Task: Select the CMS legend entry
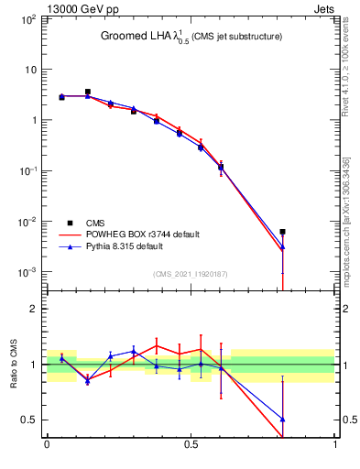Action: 97,222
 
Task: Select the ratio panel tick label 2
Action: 32,310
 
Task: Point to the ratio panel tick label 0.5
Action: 28,420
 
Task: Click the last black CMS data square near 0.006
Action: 282,232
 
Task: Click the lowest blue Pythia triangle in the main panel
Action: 282,246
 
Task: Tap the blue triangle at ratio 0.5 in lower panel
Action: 282,420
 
